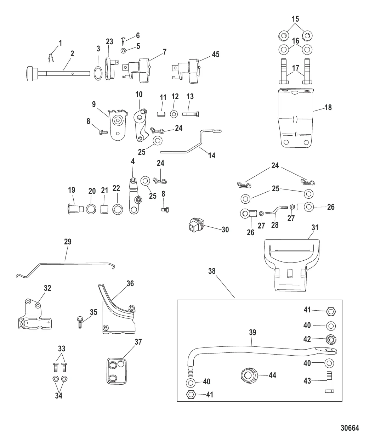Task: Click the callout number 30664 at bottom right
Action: (x=350, y=428)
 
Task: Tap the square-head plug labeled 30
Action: (x=194, y=225)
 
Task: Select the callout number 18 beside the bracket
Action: (x=328, y=107)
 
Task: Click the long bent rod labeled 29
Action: (x=67, y=263)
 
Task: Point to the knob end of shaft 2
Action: (x=31, y=74)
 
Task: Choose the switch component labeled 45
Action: (x=188, y=70)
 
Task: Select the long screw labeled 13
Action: (x=191, y=114)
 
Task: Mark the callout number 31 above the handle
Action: (x=315, y=227)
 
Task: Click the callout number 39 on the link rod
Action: (x=252, y=332)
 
